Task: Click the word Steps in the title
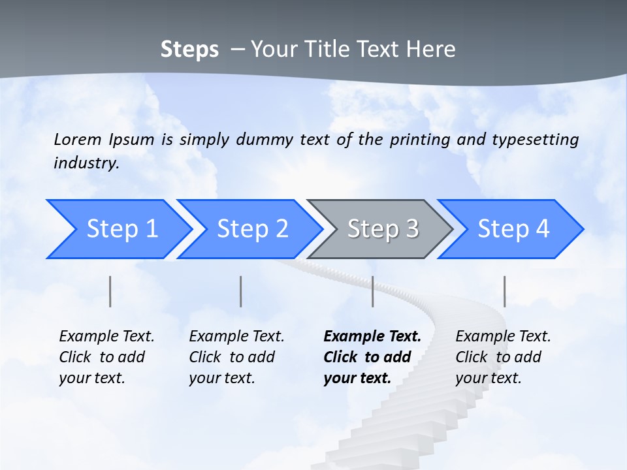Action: point(189,50)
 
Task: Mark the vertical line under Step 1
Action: point(110,291)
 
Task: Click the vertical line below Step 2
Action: point(241,291)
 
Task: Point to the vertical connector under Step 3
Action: point(372,291)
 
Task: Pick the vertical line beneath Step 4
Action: point(504,291)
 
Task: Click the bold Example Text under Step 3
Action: point(372,337)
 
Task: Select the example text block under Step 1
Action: point(106,357)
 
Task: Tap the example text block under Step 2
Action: point(236,357)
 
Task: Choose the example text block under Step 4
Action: point(503,357)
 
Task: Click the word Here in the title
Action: point(431,50)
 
